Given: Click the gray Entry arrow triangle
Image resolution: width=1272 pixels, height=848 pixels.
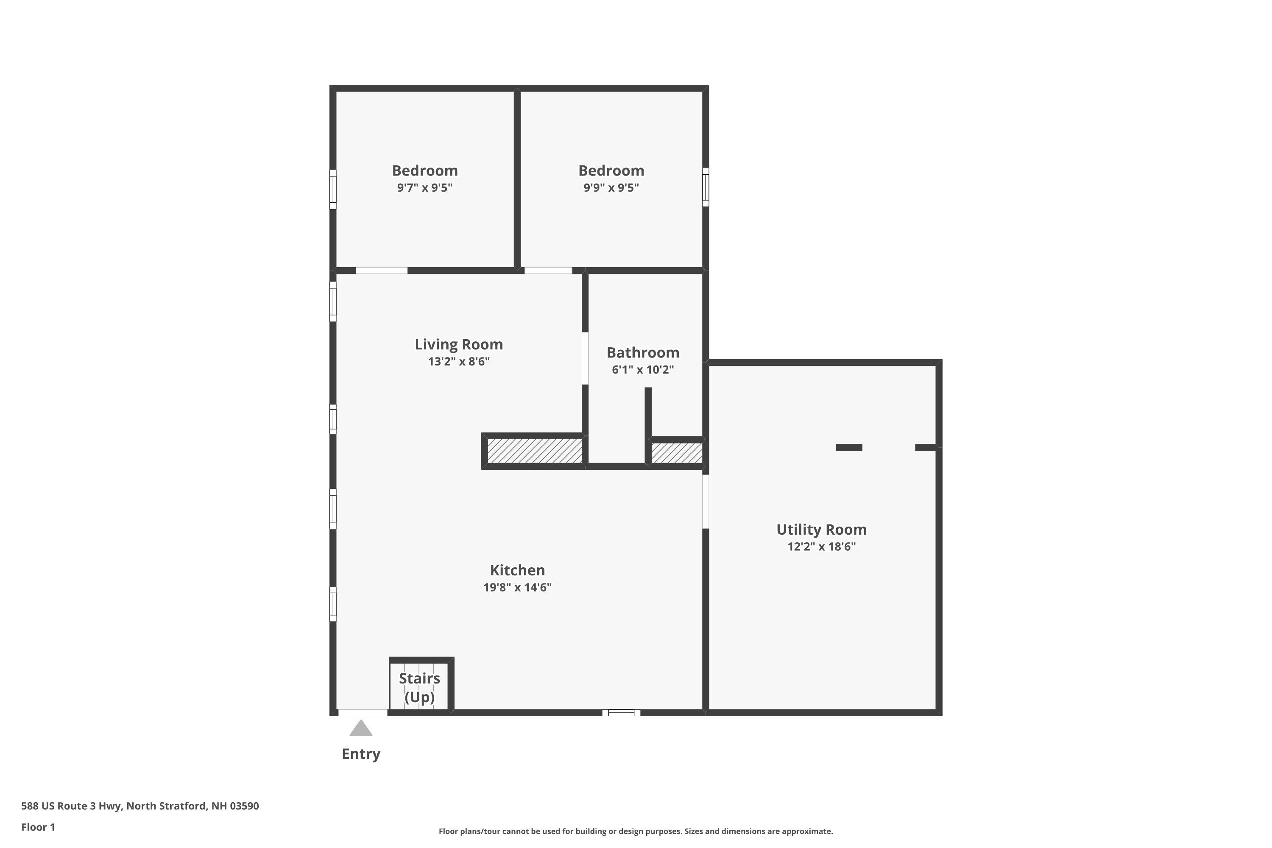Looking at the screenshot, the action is click(361, 728).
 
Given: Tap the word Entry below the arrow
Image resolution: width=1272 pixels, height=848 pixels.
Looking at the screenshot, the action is click(361, 754).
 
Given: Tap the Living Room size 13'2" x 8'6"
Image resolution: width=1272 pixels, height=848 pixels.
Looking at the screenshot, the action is click(459, 361).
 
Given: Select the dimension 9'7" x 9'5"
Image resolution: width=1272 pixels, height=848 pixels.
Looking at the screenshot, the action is click(424, 188).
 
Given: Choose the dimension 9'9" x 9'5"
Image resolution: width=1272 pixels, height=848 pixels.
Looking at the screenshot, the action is click(611, 188).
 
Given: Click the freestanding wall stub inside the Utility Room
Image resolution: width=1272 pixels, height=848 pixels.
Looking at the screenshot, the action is click(848, 447).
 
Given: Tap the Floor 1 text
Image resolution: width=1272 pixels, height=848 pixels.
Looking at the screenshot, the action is click(38, 827).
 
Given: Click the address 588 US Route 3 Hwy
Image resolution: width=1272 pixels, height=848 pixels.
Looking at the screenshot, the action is click(139, 806).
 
